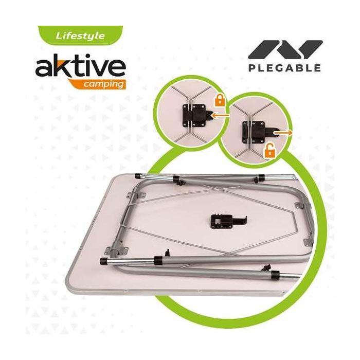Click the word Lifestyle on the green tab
(x=80, y=36)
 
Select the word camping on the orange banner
(x=103, y=84)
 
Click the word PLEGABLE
(x=284, y=68)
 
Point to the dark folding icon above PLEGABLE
(x=285, y=50)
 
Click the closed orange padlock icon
(x=220, y=100)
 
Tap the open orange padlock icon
(x=270, y=151)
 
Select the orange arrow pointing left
(x=221, y=116)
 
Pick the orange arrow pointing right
(x=283, y=133)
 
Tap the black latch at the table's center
(x=227, y=221)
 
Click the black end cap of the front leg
(x=104, y=261)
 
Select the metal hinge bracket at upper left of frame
(x=136, y=195)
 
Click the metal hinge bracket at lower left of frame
(x=116, y=250)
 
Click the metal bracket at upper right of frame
(x=299, y=205)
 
